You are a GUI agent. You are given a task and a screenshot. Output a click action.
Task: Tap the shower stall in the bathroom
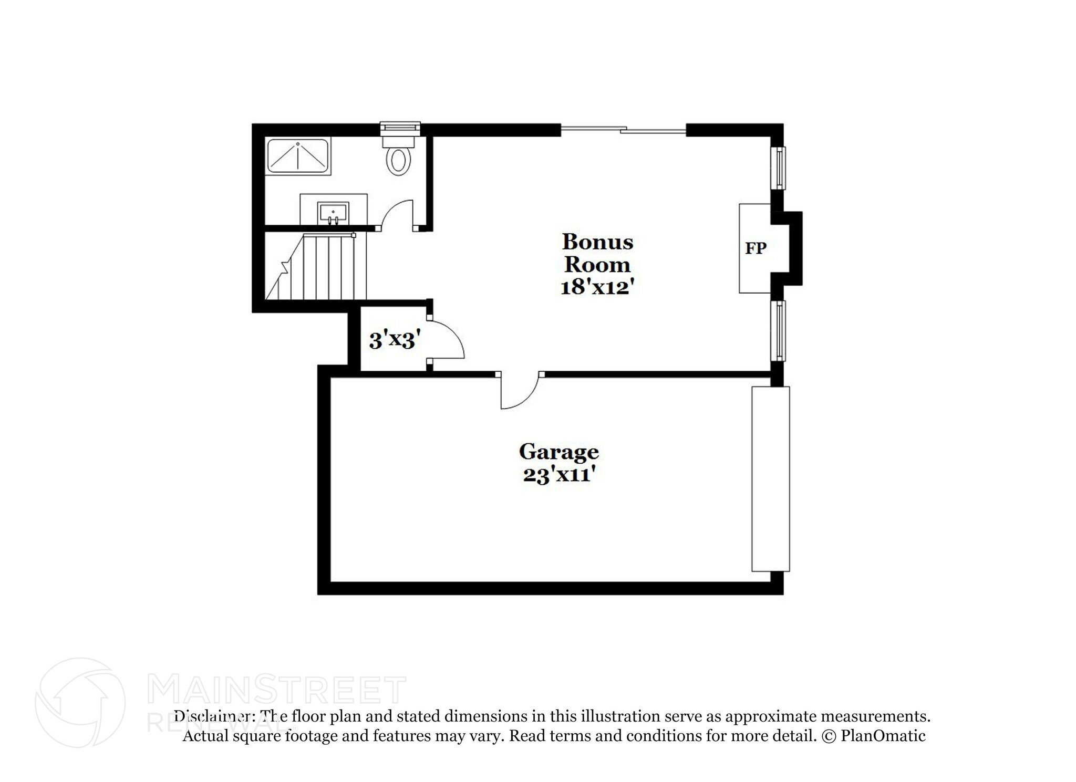tap(298, 156)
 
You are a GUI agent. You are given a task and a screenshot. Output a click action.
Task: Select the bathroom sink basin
tap(333, 213)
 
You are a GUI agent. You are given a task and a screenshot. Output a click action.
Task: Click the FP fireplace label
tap(756, 248)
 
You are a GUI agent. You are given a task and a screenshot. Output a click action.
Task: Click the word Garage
tap(558, 452)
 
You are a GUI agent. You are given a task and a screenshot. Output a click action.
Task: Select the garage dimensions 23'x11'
tap(559, 475)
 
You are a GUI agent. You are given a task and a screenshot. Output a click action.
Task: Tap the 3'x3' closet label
tap(395, 341)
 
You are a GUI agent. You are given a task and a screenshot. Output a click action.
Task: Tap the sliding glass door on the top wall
tap(623, 129)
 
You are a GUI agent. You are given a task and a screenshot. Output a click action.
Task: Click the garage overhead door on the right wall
tap(771, 479)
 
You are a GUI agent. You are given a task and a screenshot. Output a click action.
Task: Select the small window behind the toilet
tap(400, 127)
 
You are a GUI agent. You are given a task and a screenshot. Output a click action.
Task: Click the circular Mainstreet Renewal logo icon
tap(80, 702)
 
